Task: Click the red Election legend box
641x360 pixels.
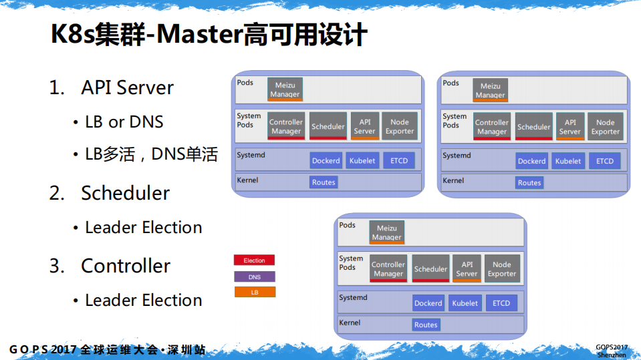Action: click(x=254, y=260)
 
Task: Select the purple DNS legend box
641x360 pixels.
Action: click(x=254, y=277)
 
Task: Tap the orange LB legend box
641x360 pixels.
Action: click(x=254, y=293)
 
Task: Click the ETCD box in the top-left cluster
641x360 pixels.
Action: click(x=399, y=161)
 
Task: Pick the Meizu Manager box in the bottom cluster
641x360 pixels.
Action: click(x=387, y=232)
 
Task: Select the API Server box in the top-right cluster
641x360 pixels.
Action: click(x=570, y=127)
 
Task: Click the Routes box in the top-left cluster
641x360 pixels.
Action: click(x=324, y=182)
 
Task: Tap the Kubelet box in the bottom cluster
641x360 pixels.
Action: click(x=465, y=303)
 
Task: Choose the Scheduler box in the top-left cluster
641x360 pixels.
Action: click(x=328, y=126)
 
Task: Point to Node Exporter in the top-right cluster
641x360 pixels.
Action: click(x=605, y=127)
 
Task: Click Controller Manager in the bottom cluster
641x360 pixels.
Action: click(x=388, y=268)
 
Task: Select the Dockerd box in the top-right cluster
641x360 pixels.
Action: click(x=531, y=161)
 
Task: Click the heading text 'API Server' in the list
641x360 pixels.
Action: click(x=127, y=87)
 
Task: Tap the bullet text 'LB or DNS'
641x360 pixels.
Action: click(x=124, y=122)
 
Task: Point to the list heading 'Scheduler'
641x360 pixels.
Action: click(x=125, y=193)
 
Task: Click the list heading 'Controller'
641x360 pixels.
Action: click(x=126, y=266)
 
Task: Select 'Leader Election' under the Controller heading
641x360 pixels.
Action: click(x=143, y=301)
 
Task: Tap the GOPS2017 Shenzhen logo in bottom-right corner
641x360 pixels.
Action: click(x=612, y=351)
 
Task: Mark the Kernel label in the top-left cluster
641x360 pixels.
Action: click(x=247, y=180)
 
